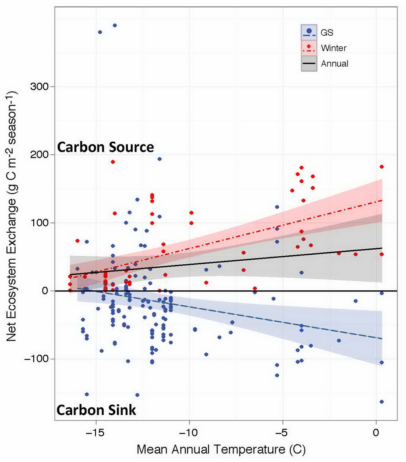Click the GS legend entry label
point(327,31)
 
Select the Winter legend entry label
point(333,48)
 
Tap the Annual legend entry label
point(334,63)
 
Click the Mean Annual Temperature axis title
point(221,450)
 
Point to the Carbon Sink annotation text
point(96,410)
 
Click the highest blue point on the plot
point(114,25)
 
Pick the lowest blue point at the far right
point(382,402)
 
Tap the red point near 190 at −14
point(113,162)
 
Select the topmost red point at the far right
point(382,167)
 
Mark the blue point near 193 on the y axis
point(160,159)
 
